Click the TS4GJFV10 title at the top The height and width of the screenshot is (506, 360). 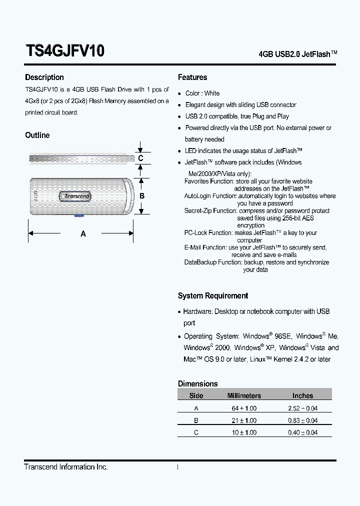pyautogui.click(x=64, y=51)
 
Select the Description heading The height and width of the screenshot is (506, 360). pyautogui.click(x=44, y=77)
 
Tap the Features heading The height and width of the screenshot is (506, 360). pyautogui.click(x=192, y=77)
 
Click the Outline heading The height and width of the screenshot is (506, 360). pyautogui.click(x=37, y=135)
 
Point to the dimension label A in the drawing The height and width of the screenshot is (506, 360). pyautogui.click(x=83, y=233)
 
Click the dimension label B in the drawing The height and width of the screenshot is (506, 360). pyautogui.click(x=142, y=196)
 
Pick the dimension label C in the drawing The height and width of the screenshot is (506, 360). pyautogui.click(x=141, y=158)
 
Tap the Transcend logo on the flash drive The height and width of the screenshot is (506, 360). pyautogui.click(x=76, y=196)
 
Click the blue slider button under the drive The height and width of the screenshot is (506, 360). pyautogui.click(x=78, y=215)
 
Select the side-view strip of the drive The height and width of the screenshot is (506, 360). pyautogui.click(x=80, y=158)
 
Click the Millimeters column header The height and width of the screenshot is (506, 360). pyautogui.click(x=244, y=395)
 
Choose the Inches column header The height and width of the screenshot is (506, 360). pyautogui.click(x=302, y=395)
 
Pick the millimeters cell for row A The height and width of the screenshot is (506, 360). pyautogui.click(x=244, y=408)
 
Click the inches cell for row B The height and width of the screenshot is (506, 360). pyautogui.click(x=302, y=420)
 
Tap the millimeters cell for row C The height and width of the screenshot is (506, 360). pyautogui.click(x=244, y=432)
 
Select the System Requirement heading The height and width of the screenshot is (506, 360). pyautogui.click(x=213, y=296)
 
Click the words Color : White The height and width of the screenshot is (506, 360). pyautogui.click(x=202, y=93)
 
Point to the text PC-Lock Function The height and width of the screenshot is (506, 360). pyautogui.click(x=208, y=233)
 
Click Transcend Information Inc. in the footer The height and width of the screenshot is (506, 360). pyautogui.click(x=66, y=467)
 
